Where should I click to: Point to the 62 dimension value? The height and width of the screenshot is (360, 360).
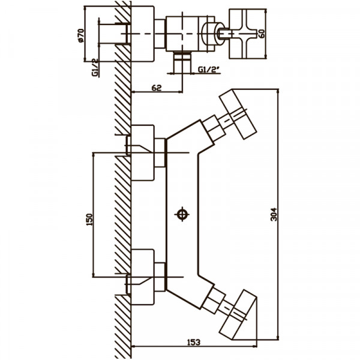tap(157, 88)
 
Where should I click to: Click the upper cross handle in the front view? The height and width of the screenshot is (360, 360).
tap(232, 114)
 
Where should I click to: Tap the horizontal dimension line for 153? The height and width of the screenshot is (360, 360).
tap(204, 347)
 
